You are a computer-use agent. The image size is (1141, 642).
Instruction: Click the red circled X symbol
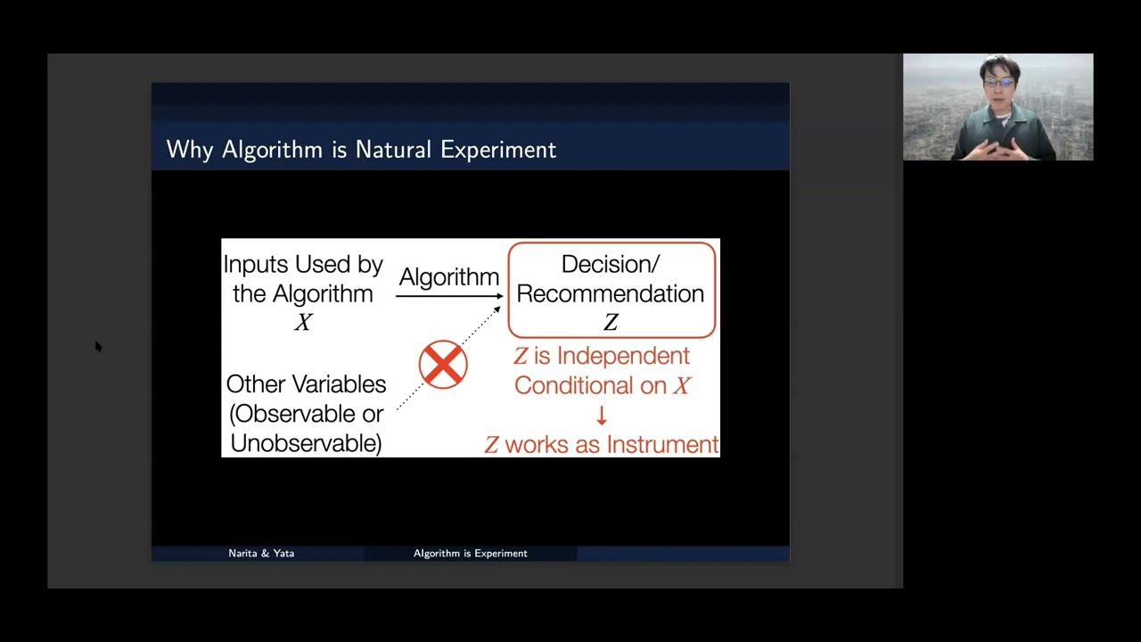[x=443, y=364]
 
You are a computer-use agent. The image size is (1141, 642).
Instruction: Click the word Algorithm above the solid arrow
[x=448, y=276]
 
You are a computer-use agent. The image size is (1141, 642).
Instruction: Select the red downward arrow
[x=602, y=416]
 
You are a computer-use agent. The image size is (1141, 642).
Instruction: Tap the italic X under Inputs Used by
[x=303, y=323]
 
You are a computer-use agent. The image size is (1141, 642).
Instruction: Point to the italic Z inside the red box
[x=611, y=323]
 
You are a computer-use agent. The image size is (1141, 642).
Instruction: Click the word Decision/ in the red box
[x=611, y=264]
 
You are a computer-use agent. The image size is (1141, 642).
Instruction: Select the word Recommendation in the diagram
[x=611, y=293]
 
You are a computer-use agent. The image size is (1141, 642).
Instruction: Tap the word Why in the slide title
[x=190, y=150]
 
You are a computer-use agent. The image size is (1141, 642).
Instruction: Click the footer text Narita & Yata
[x=261, y=554]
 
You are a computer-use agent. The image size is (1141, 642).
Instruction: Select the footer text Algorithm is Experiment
[x=470, y=554]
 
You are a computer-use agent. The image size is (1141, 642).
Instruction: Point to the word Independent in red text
[x=623, y=356]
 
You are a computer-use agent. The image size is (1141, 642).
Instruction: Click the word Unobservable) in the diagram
[x=306, y=443]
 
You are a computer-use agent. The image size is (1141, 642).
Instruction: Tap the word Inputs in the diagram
[x=256, y=264]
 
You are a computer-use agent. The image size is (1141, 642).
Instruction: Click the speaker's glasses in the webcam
[x=998, y=83]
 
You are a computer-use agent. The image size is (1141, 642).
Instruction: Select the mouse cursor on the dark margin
[x=98, y=346]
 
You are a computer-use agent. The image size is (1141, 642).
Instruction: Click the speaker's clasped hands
[x=998, y=148]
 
